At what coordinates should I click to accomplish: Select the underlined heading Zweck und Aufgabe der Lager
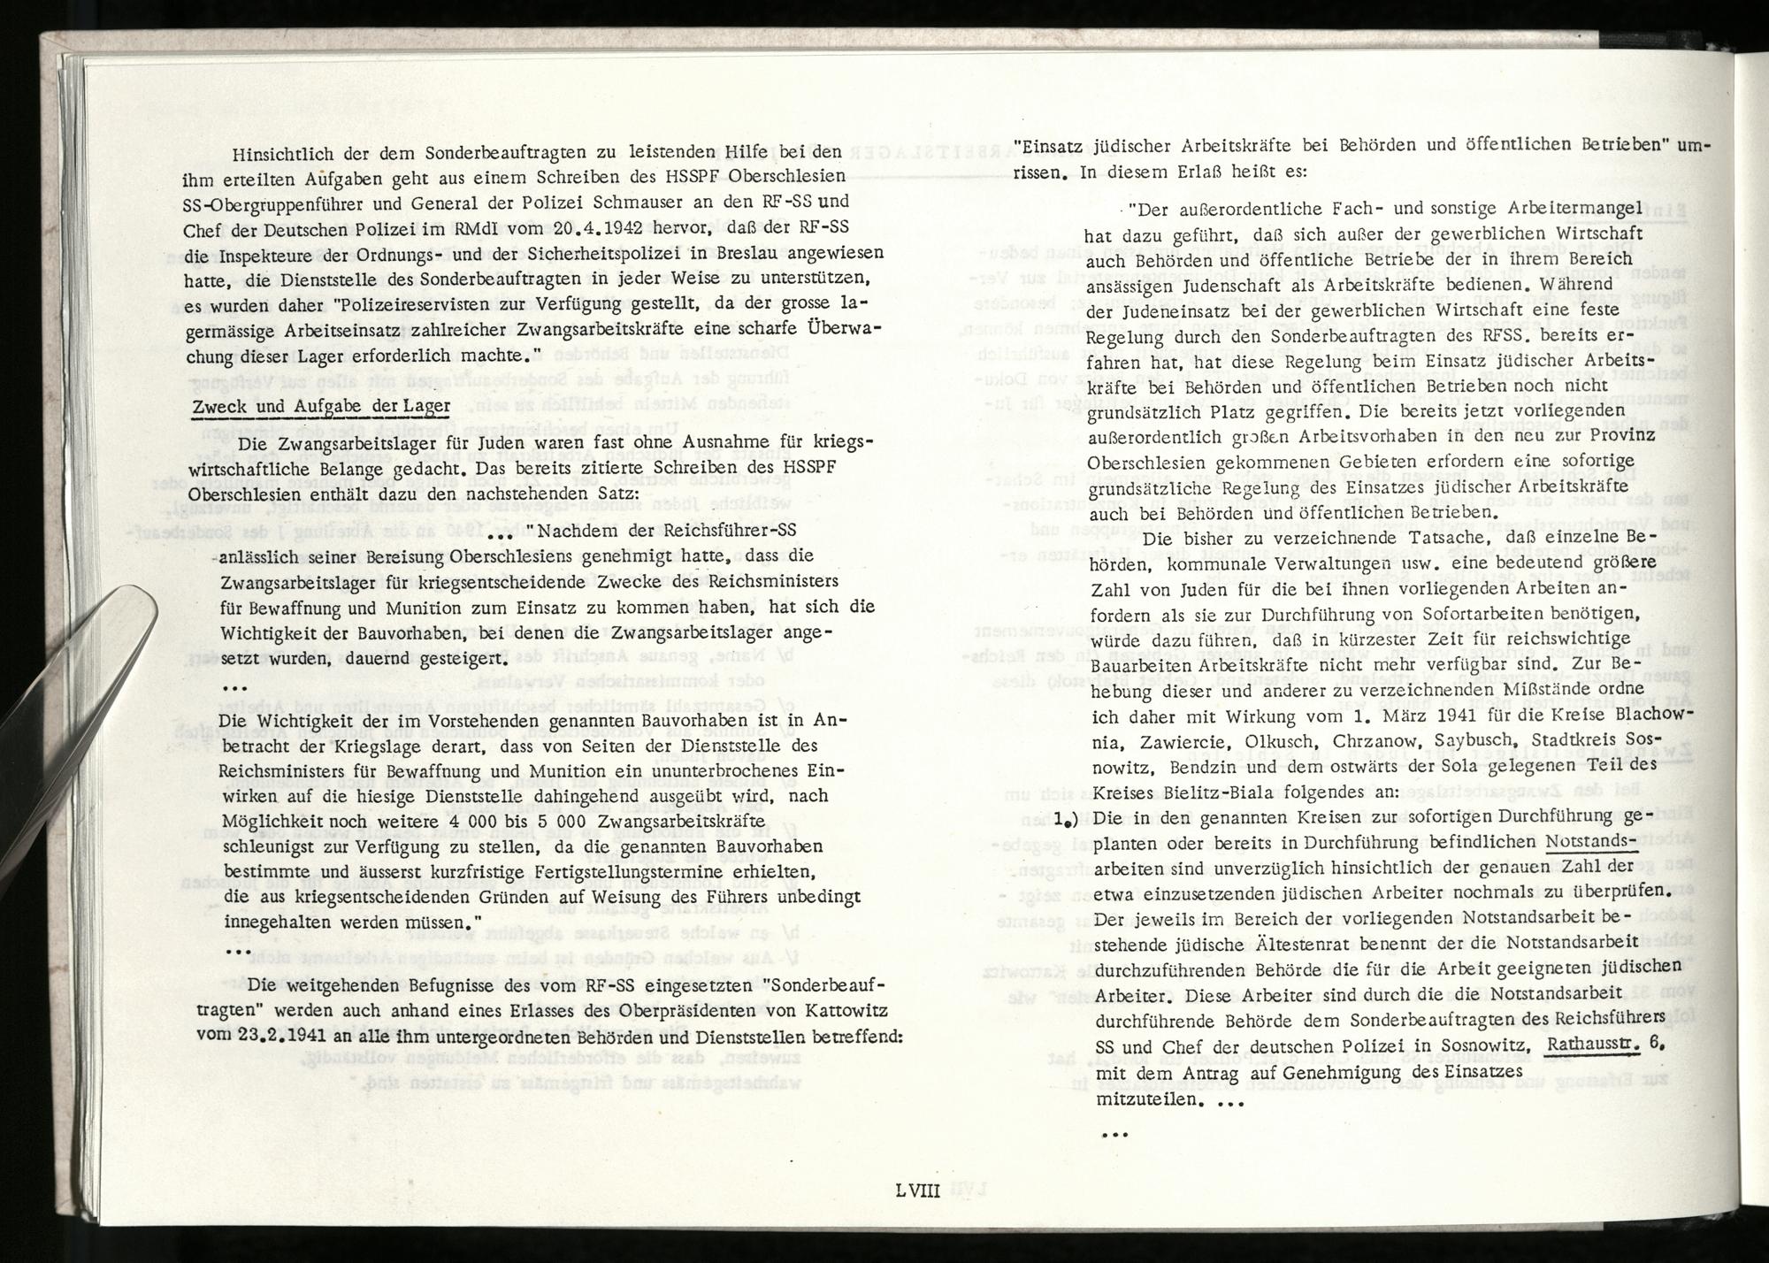coord(321,407)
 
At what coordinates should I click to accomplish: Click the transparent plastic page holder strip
coord(71,672)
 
